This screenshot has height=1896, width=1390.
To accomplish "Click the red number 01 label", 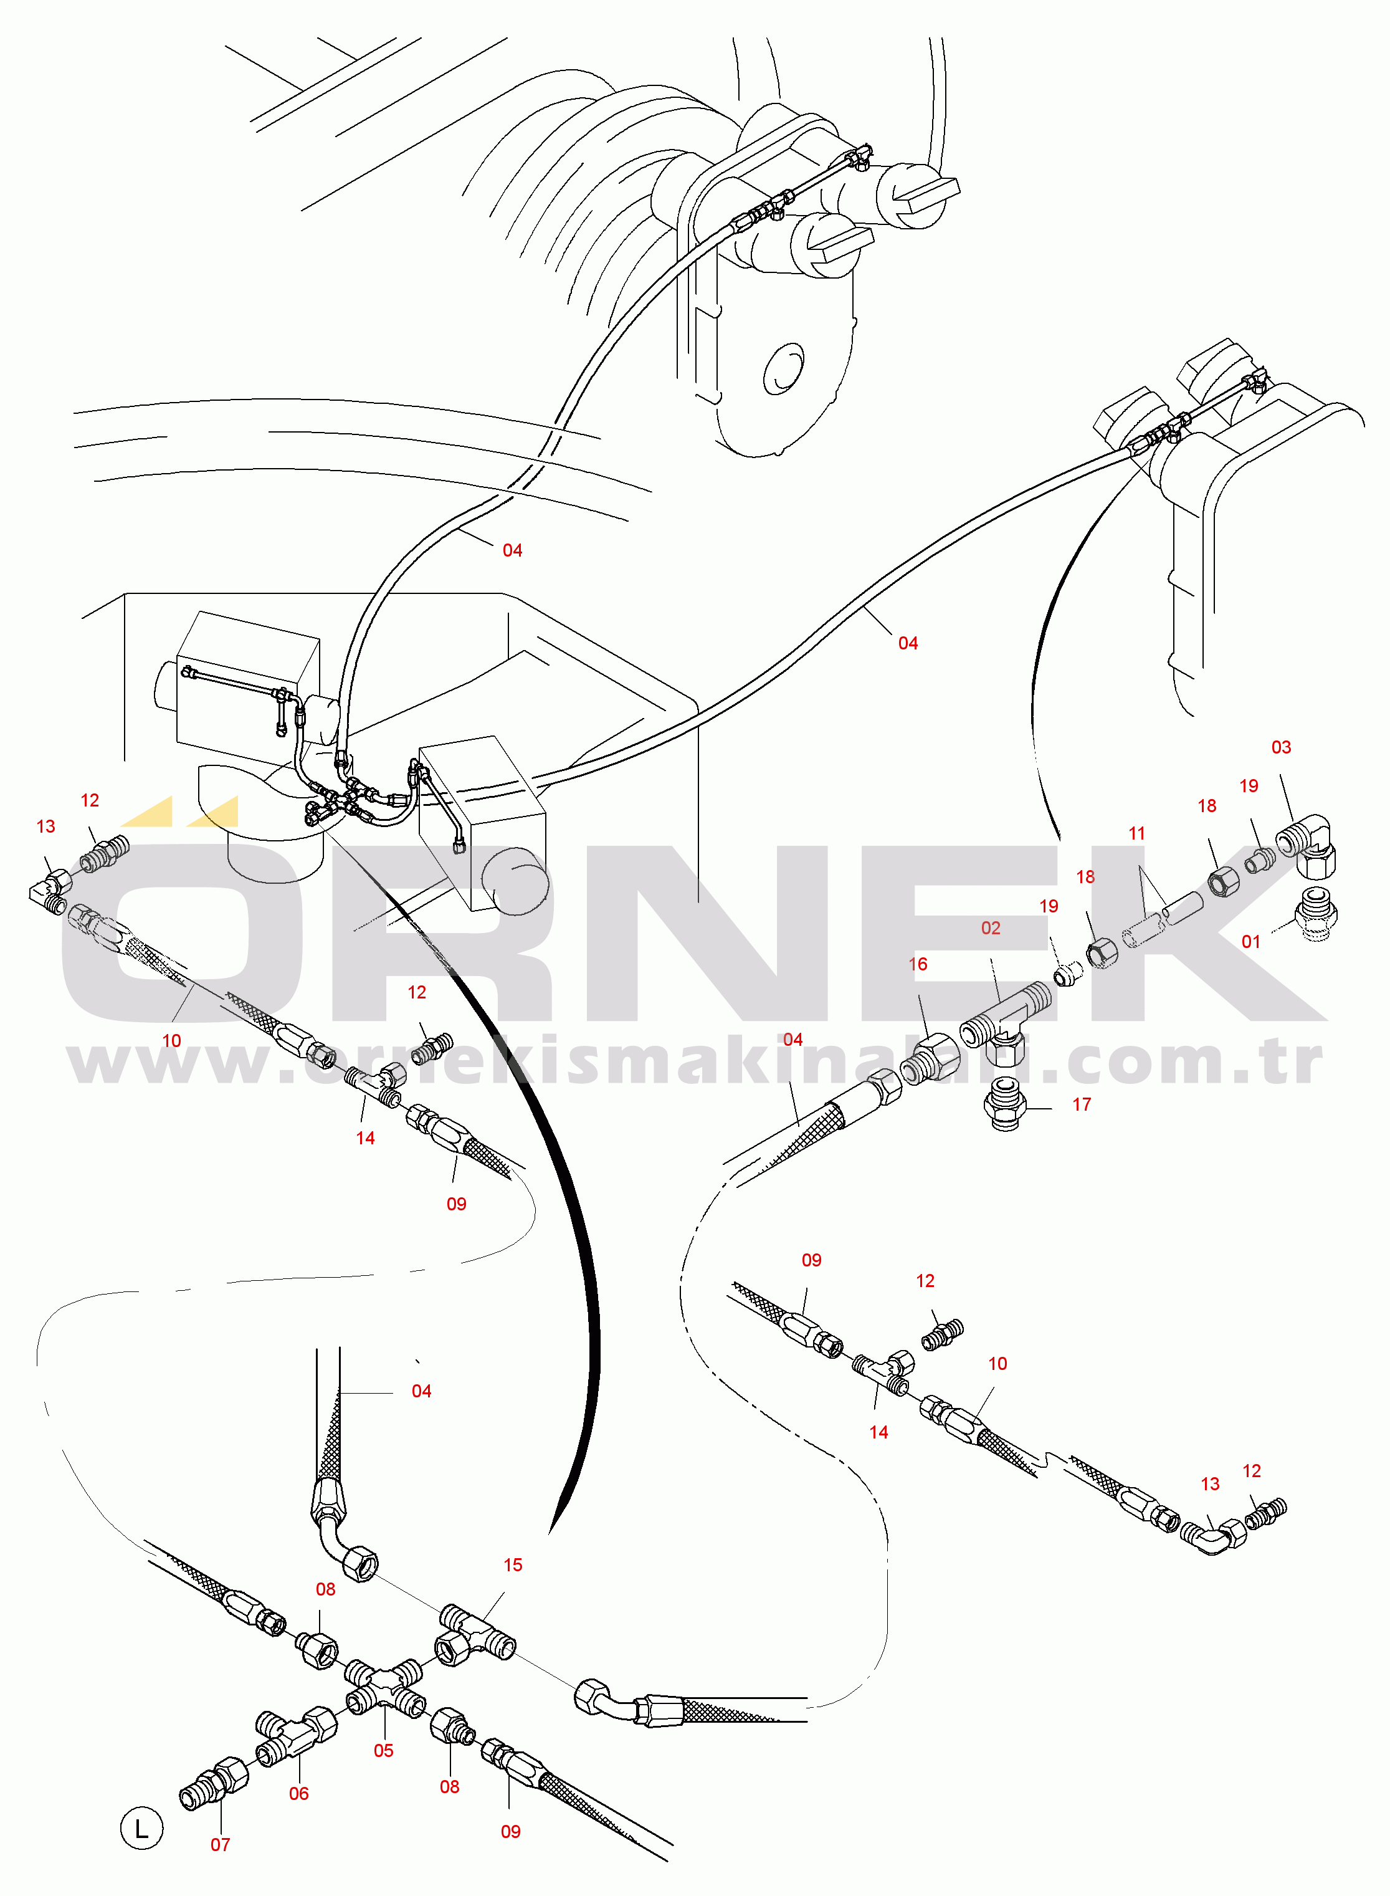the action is tap(1250, 942).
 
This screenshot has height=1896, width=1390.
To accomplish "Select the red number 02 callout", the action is tap(991, 927).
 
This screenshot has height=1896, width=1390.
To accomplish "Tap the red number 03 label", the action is tap(1280, 747).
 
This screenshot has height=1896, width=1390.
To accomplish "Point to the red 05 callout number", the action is tap(384, 1750).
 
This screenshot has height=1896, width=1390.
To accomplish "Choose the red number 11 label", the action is tap(1137, 833).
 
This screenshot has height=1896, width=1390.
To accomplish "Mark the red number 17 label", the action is tap(1081, 1104).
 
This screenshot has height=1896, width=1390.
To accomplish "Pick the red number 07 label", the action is tap(221, 1845).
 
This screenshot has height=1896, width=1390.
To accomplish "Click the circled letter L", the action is tap(141, 1828).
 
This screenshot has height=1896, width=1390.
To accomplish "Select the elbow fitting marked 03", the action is tap(1307, 846).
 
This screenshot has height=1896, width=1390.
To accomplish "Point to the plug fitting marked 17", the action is tap(1004, 1103).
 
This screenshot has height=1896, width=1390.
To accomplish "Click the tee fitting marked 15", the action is tap(476, 1634).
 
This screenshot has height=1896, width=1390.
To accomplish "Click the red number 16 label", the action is tap(918, 964).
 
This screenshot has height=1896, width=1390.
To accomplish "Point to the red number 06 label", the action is tap(298, 1793).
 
